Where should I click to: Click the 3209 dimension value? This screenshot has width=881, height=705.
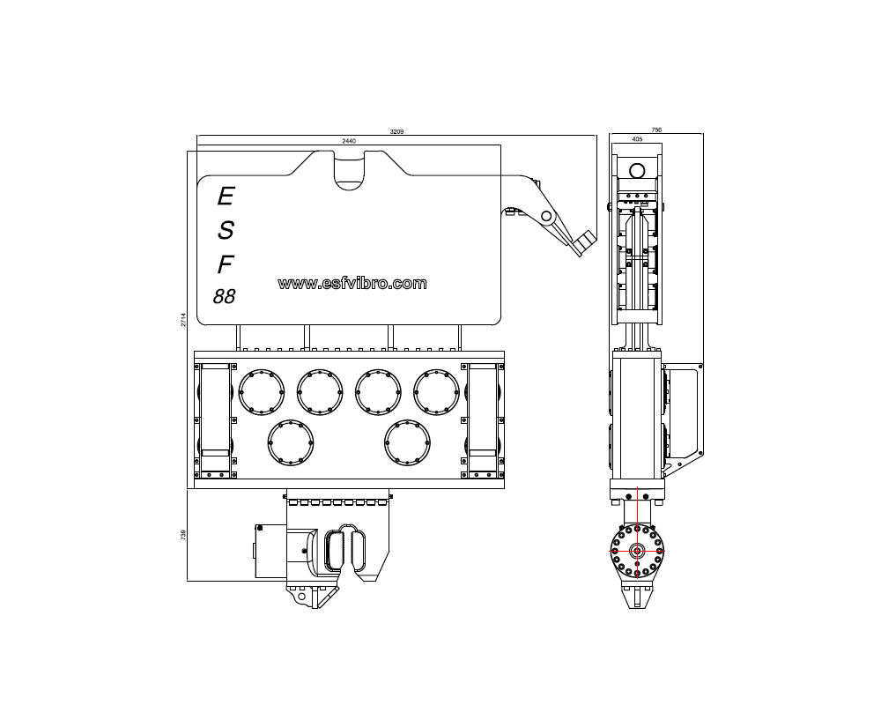tap(396, 131)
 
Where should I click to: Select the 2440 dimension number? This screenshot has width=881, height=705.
tap(348, 141)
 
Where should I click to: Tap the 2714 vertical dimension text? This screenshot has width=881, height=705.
tap(183, 320)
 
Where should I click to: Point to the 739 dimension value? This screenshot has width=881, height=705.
tap(183, 535)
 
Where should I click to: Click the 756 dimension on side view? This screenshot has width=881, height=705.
tap(656, 130)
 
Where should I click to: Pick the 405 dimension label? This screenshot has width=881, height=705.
tap(637, 139)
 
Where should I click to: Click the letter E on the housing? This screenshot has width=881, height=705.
tap(226, 197)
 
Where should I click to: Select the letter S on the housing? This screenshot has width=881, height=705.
tap(226, 230)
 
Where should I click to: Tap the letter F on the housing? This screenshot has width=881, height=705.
tap(226, 264)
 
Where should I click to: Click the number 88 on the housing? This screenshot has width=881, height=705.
tap(224, 296)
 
